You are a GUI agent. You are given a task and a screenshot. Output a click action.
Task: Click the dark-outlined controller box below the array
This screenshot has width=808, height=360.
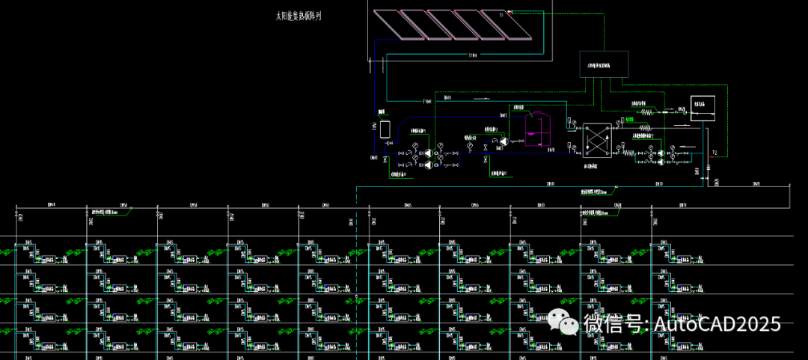coord(604,65)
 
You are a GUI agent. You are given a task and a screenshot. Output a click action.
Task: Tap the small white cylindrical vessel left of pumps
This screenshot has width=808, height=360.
coord(385,128)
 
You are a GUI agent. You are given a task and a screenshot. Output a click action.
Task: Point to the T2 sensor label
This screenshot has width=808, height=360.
coord(714,153)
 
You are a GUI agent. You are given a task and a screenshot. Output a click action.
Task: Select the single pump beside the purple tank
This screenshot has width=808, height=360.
coord(504,141)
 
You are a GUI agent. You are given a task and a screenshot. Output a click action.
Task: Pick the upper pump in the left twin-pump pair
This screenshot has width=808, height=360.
coord(428,153)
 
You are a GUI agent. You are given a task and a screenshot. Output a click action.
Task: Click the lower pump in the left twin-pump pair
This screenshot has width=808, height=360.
coord(428,165)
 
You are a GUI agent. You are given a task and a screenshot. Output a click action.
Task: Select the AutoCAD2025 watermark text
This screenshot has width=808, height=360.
coord(717,324)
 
